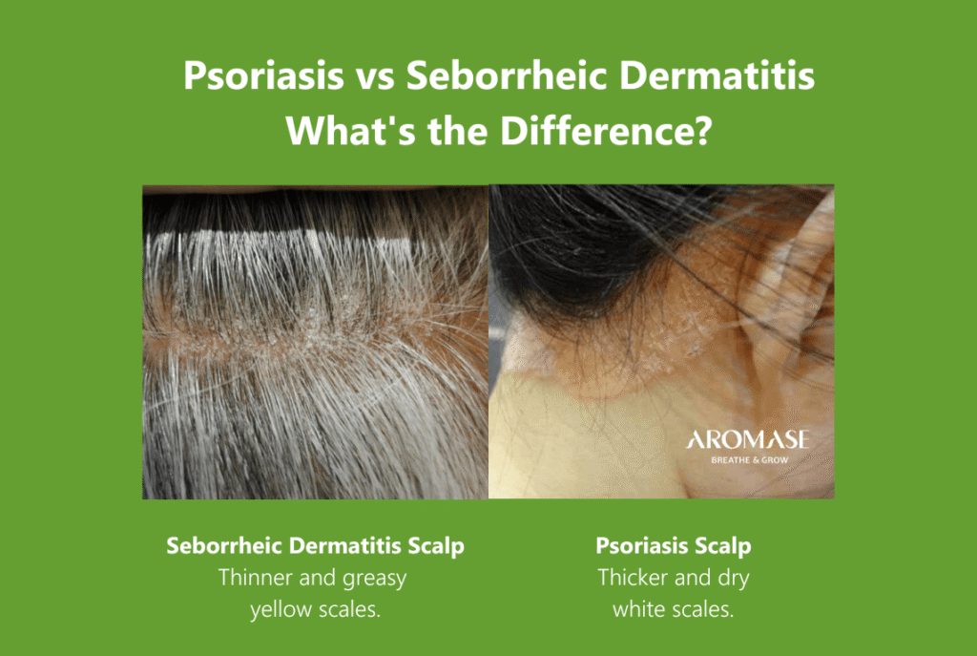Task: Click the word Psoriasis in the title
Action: (x=263, y=75)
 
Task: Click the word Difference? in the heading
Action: (x=606, y=130)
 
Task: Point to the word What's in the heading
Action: (x=350, y=130)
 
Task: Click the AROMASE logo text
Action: (x=748, y=440)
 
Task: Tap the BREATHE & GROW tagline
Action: (x=750, y=460)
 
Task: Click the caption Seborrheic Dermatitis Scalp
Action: (x=315, y=545)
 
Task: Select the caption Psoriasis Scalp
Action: (x=674, y=545)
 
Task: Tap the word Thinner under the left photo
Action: (x=256, y=577)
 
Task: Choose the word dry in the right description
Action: (x=734, y=579)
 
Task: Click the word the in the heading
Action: (x=457, y=130)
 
